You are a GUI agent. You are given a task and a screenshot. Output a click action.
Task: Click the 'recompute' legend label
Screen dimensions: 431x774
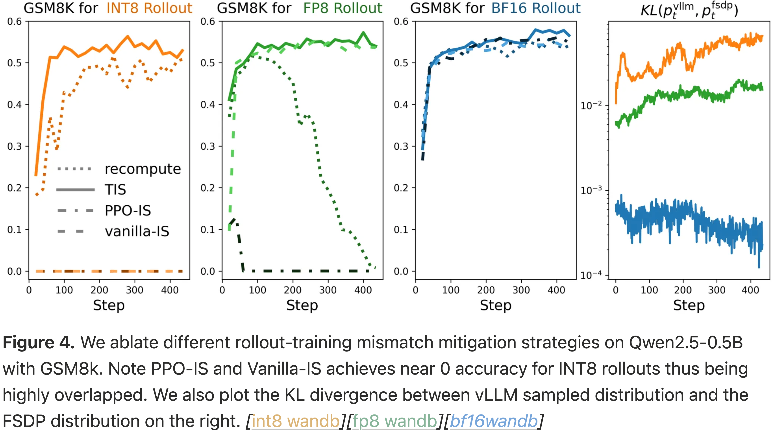point(143,169)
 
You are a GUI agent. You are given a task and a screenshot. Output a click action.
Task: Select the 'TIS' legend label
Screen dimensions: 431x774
point(115,190)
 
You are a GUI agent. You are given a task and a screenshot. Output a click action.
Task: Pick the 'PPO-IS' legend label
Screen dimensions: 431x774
point(128,211)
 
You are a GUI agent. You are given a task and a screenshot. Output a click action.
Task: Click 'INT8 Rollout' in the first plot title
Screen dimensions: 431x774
point(149,8)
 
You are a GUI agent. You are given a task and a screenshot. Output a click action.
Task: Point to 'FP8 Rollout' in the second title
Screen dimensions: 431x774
point(343,8)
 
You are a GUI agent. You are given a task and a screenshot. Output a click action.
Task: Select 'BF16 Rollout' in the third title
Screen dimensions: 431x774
point(536,8)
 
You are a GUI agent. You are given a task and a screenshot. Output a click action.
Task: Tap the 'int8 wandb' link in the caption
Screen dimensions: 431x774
point(295,421)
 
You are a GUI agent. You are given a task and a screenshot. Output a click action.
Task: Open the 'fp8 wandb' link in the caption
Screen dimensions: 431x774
point(394,421)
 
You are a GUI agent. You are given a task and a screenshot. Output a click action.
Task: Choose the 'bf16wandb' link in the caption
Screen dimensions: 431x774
point(493,421)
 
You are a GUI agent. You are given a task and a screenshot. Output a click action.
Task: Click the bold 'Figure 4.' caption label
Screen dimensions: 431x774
point(39,343)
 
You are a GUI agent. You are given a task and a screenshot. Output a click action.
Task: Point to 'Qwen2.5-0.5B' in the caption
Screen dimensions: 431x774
point(686,343)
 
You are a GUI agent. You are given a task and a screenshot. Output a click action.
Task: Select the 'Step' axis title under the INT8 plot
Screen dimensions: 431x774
point(109,305)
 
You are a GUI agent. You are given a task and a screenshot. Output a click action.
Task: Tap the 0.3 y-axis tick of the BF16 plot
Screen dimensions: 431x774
point(401,147)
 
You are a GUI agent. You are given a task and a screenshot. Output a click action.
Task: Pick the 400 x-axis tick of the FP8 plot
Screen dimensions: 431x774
point(363,290)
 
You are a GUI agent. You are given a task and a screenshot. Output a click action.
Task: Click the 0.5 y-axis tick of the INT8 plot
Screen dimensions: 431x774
point(14,63)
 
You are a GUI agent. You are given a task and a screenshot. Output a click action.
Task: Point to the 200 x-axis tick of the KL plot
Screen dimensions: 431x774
point(683,290)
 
